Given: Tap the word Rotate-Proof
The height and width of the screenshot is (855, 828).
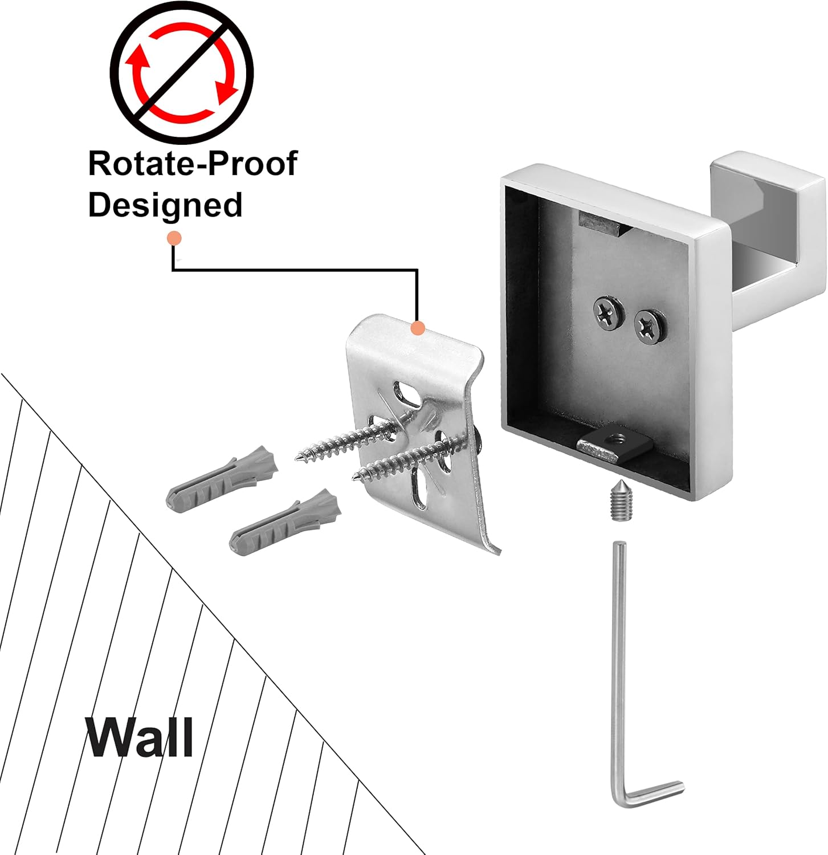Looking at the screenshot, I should (x=193, y=164).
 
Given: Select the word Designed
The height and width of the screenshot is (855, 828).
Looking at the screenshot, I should (x=165, y=205).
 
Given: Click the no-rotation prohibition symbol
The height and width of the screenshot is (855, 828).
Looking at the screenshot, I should (x=182, y=72).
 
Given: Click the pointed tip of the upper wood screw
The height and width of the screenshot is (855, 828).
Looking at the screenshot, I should (x=297, y=457).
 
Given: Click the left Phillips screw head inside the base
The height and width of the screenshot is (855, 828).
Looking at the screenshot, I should (x=606, y=312).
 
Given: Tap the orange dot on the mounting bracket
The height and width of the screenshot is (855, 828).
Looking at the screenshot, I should (x=418, y=328).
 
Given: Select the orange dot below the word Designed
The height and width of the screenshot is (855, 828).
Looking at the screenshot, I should (x=174, y=238).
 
